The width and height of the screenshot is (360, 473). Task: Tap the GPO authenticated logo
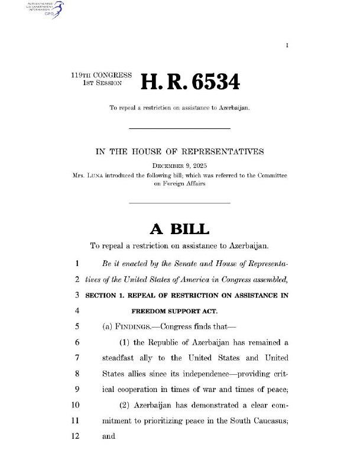tap(42, 8)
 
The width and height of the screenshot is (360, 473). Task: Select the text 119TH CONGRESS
tap(97, 77)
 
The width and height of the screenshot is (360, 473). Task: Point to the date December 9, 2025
tap(179, 166)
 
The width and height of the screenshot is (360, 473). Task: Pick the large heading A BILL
tap(179, 228)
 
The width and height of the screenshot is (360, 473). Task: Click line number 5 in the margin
tap(77, 325)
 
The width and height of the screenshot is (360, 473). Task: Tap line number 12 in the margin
tap(75, 438)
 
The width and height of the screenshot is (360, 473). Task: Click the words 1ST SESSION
tap(101, 85)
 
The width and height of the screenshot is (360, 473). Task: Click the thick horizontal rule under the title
tap(179, 128)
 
